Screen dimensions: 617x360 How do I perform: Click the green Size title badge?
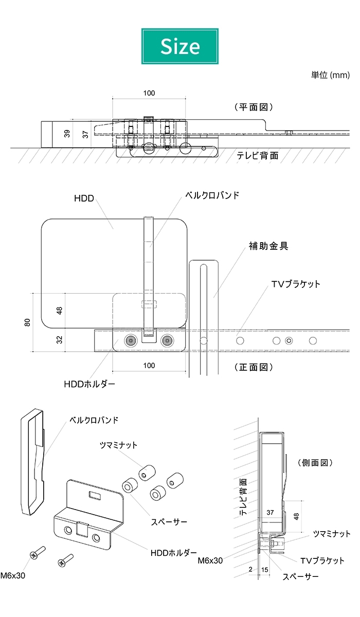pyautogui.click(x=180, y=46)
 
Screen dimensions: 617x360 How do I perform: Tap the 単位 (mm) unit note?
pyautogui.click(x=330, y=75)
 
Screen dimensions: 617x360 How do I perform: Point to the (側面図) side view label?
pyautogui.click(x=315, y=463)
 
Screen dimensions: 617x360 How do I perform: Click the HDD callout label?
pyautogui.click(x=84, y=198)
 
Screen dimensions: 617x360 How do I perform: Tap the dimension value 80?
pyautogui.click(x=28, y=322)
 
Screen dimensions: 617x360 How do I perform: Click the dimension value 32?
pyautogui.click(x=60, y=340)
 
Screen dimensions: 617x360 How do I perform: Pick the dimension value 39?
pyautogui.click(x=67, y=134)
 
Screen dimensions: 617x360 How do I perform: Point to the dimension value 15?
pyautogui.click(x=264, y=569)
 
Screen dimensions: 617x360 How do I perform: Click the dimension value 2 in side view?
pyautogui.click(x=250, y=569)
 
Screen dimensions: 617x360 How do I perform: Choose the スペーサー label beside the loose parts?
pyautogui.click(x=169, y=522)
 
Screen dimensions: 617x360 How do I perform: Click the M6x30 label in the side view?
pyautogui.click(x=210, y=560)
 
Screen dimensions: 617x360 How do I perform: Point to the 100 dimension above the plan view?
pyautogui.click(x=149, y=93)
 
